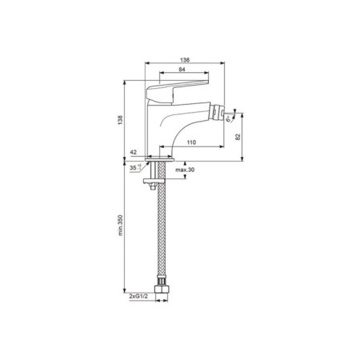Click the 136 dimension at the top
(186, 59)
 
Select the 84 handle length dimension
(182, 71)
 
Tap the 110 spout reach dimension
(191, 142)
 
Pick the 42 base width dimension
(132, 151)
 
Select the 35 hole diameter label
(132, 168)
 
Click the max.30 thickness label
(186, 170)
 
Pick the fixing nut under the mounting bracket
(154, 188)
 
